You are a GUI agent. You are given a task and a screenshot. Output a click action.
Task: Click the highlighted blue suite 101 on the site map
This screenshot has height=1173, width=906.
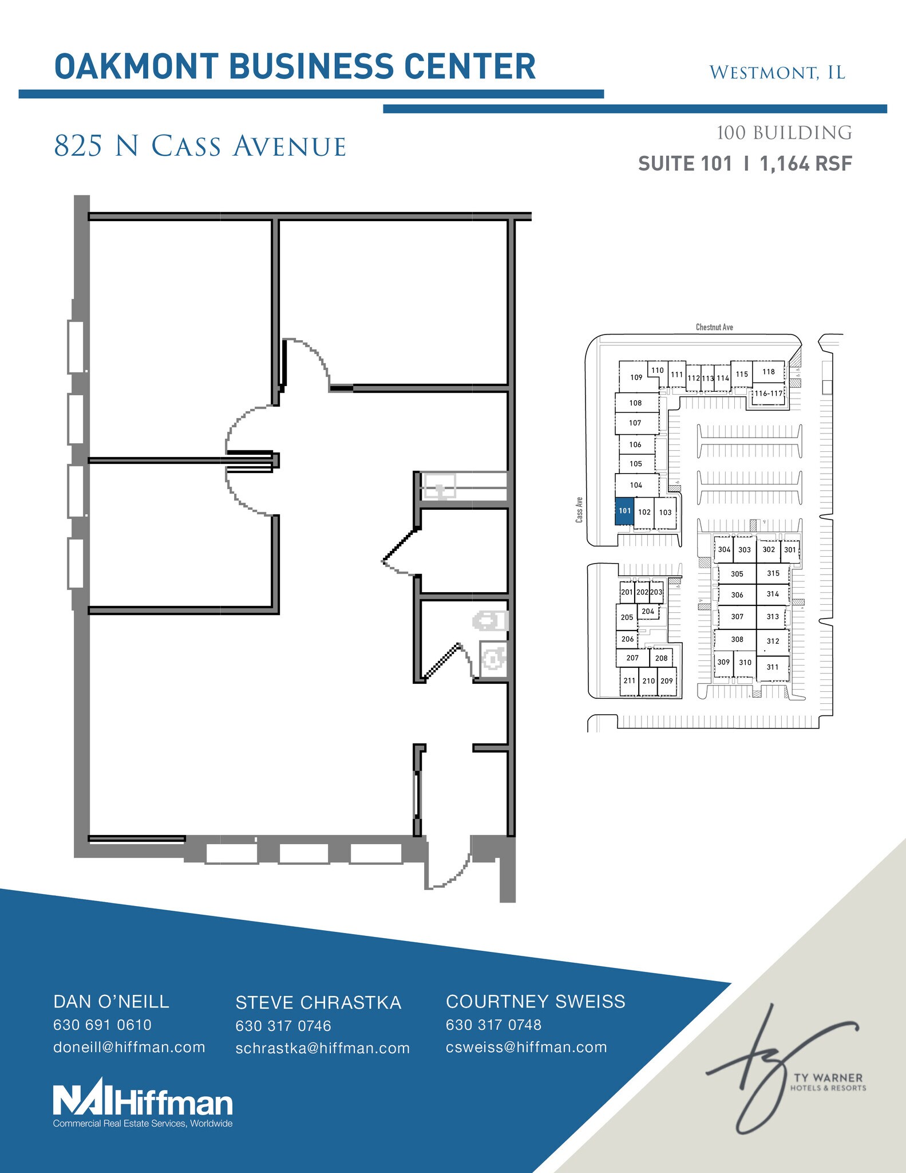624,510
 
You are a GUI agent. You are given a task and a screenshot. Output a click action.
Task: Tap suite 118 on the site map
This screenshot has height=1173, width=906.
768,372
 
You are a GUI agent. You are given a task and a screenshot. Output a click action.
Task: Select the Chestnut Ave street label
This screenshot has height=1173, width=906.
714,327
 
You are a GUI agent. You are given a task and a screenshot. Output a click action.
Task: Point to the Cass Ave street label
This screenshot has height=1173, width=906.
579,509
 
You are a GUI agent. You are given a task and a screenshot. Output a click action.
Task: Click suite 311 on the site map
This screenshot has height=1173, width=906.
773,667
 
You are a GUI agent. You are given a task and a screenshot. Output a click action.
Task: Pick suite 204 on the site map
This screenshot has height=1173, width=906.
648,612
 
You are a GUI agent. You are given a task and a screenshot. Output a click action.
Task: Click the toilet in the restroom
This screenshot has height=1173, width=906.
491,620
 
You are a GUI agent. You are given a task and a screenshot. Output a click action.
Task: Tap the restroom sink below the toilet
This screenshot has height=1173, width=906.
493,659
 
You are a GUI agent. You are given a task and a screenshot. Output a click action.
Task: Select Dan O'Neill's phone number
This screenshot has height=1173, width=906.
102,1025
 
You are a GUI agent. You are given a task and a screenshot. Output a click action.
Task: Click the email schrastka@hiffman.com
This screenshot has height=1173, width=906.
323,1048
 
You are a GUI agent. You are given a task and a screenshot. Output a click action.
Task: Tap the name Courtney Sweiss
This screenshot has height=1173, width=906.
536,1001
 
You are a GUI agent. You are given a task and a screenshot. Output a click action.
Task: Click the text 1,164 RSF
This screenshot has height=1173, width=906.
806,164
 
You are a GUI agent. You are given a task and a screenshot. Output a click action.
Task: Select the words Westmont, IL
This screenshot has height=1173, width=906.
777,73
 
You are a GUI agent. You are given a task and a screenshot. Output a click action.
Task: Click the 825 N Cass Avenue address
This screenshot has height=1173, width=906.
200,146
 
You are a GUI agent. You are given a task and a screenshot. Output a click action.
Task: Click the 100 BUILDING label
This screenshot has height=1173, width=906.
784,133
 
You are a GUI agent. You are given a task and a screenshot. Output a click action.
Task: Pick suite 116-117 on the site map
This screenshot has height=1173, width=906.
768,393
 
